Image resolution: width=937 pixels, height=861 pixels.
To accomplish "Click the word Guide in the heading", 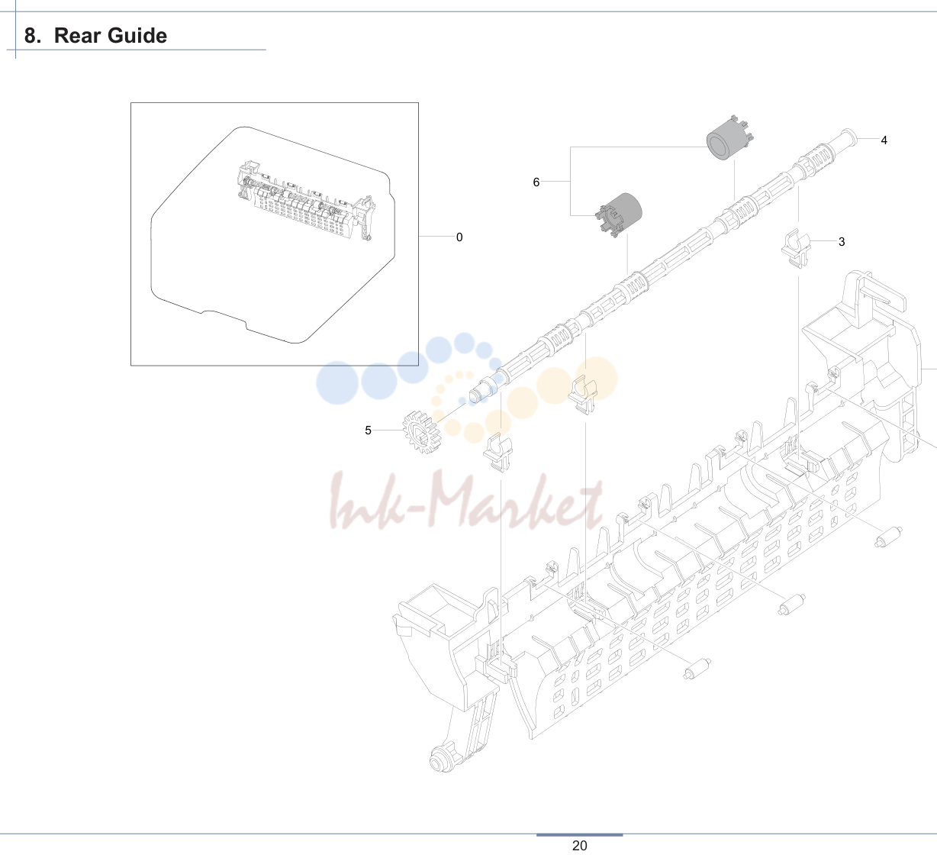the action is coord(134,37).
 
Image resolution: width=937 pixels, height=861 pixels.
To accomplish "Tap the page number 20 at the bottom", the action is coord(579,846).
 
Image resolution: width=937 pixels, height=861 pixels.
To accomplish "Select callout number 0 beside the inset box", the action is coord(459,237).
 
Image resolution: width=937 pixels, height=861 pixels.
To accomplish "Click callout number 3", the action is coord(842,242).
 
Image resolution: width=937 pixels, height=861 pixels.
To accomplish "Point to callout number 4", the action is coord(884,140).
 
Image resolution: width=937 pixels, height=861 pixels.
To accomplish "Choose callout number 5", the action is coord(368,430).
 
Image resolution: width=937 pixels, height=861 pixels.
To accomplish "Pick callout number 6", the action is coord(536,182).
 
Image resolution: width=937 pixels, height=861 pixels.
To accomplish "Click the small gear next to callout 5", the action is coord(421,432).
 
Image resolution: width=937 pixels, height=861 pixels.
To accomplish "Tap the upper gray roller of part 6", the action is coord(729,138).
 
